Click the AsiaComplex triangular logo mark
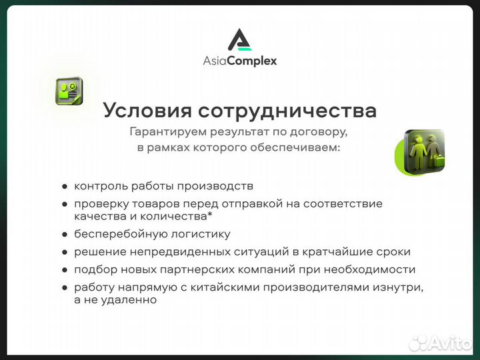point(239,40)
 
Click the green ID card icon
point(69,91)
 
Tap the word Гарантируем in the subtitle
point(165,132)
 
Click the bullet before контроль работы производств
point(65,187)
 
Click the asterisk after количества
point(218,215)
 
